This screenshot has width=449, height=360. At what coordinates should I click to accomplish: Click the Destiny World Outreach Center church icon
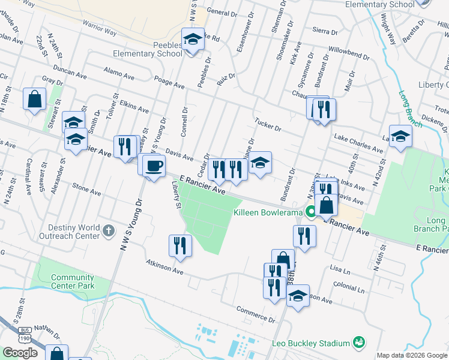[108, 230]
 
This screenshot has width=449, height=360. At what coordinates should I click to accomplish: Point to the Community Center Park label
[73, 281]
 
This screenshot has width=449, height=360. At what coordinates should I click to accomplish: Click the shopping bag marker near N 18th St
[35, 100]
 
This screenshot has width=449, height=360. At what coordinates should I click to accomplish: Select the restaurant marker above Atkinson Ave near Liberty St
[179, 245]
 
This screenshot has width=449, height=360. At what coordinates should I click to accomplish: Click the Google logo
[20, 353]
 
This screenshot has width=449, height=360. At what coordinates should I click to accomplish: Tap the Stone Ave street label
[86, 190]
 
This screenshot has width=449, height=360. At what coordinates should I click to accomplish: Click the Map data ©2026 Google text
[411, 355]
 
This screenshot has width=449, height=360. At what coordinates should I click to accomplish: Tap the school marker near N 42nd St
[400, 136]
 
